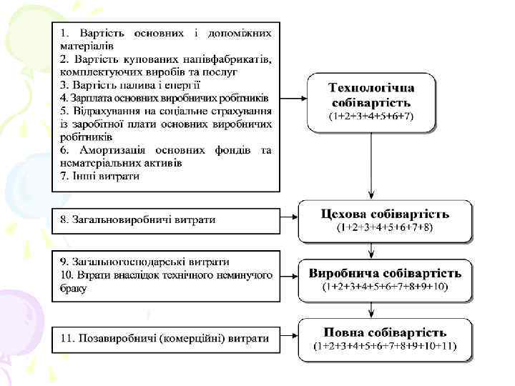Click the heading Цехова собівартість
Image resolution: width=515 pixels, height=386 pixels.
(x=385, y=214)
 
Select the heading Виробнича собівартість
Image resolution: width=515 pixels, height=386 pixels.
(x=385, y=273)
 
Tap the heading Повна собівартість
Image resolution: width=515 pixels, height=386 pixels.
(x=385, y=332)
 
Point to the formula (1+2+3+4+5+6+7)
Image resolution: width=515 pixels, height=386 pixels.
(x=371, y=116)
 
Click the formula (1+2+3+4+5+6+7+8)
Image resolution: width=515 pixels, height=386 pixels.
(x=385, y=227)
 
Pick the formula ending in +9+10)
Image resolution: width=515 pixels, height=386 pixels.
(x=385, y=287)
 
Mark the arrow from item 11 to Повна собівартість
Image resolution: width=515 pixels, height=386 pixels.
(x=289, y=336)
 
